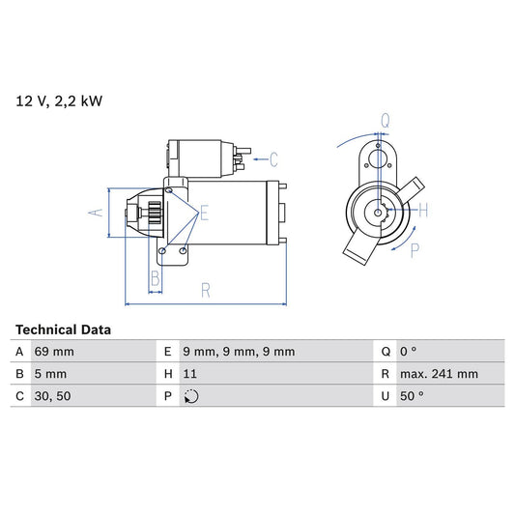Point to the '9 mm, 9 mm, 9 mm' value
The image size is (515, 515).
(240, 352)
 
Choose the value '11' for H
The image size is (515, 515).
(190, 374)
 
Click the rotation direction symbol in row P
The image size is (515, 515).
(191, 396)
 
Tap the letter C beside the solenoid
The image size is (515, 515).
(273, 159)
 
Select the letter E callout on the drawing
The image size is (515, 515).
(204, 215)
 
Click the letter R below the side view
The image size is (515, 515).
(206, 288)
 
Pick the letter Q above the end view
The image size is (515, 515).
(384, 121)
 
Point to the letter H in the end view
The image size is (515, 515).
(424, 210)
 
